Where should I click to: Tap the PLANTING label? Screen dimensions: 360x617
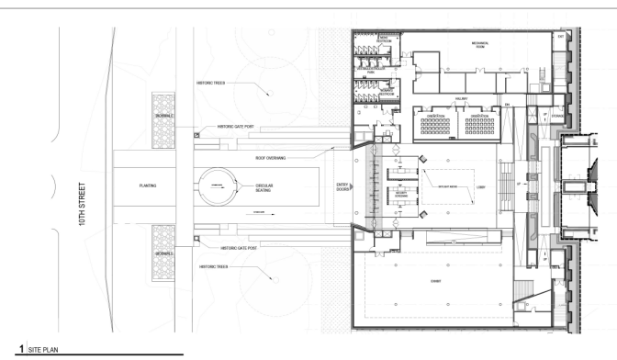[x=146, y=186]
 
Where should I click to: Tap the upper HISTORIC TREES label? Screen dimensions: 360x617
[x=210, y=82]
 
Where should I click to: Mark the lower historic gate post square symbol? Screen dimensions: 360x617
[x=196, y=241]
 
